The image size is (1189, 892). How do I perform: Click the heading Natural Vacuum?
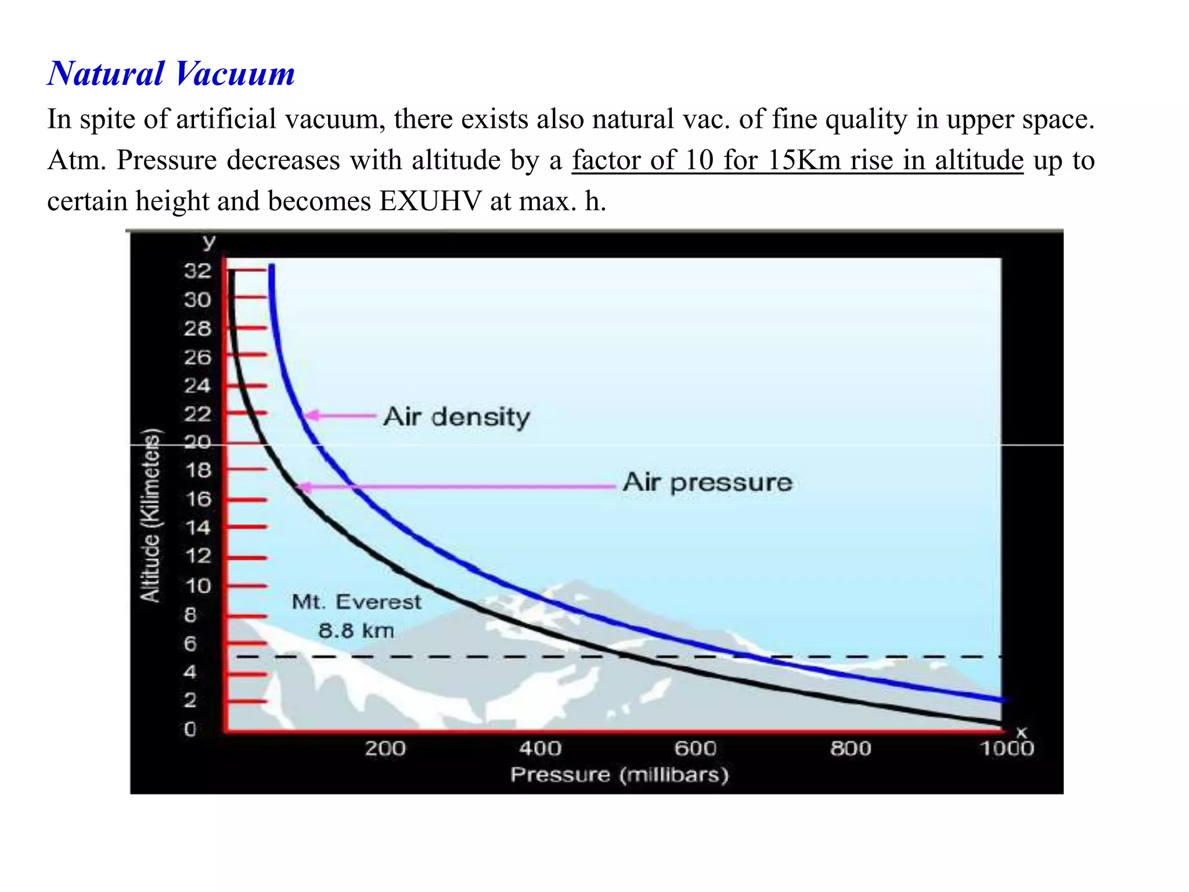click(x=171, y=74)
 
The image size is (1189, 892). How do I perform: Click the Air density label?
click(x=457, y=417)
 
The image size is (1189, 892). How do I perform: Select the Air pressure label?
click(x=707, y=483)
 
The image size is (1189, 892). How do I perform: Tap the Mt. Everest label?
click(x=356, y=602)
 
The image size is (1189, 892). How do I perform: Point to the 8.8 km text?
click(x=356, y=631)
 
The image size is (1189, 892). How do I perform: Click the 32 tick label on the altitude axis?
click(x=197, y=271)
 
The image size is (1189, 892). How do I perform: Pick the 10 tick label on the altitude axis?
click(x=198, y=585)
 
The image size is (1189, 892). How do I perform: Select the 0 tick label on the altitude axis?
click(x=190, y=729)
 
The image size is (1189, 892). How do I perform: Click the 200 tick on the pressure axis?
click(x=385, y=749)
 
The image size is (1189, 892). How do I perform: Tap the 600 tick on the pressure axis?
click(x=695, y=749)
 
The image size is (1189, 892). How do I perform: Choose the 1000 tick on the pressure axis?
click(x=1007, y=749)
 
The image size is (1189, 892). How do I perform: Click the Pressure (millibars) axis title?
click(x=619, y=775)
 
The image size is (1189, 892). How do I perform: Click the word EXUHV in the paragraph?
click(x=430, y=202)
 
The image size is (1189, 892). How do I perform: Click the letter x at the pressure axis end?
click(x=1021, y=733)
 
